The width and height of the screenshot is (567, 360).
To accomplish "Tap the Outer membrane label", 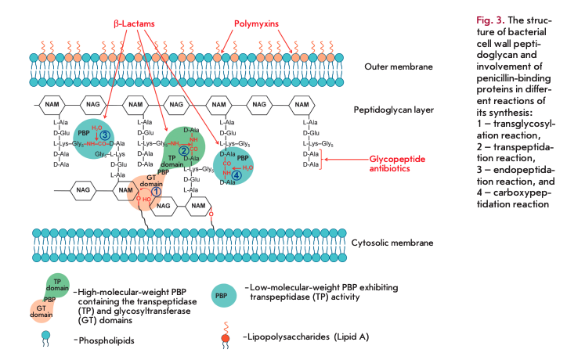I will tap(399, 67).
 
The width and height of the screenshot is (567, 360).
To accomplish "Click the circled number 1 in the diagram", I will tap(156, 191).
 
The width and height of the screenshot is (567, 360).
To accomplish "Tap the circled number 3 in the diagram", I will tap(103, 135).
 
